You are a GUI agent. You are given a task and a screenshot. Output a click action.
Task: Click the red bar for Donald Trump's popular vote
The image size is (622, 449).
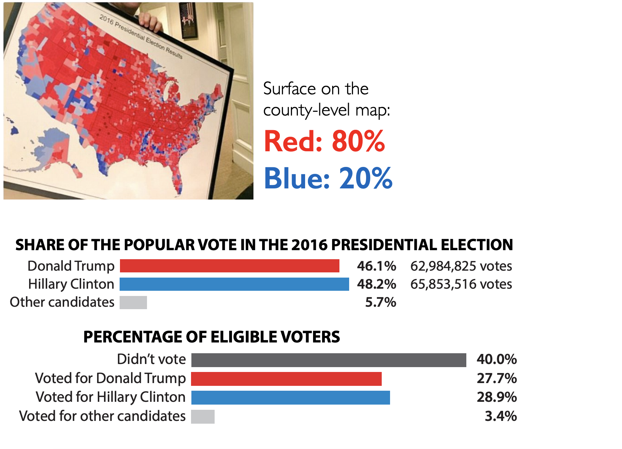pyautogui.click(x=230, y=266)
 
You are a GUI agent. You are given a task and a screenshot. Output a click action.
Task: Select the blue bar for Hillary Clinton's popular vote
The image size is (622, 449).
pyautogui.click(x=234, y=284)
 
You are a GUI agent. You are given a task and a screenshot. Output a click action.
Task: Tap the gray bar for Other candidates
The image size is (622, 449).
pyautogui.click(x=133, y=302)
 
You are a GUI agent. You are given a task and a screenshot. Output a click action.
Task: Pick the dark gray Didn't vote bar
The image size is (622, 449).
pyautogui.click(x=329, y=360)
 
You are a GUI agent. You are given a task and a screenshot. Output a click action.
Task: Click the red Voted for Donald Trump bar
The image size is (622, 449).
pyautogui.click(x=286, y=379)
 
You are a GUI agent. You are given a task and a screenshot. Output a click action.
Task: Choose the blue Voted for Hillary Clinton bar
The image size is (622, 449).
pyautogui.click(x=291, y=397)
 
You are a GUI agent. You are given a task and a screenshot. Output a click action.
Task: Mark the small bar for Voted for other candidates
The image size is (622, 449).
pyautogui.click(x=203, y=416)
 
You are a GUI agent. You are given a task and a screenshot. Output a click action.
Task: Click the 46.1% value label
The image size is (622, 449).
pyautogui.click(x=377, y=266)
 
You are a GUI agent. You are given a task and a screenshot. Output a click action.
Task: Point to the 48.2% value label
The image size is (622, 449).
pyautogui.click(x=377, y=284)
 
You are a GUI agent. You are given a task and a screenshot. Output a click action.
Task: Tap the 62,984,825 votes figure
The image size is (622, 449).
pyautogui.click(x=461, y=266)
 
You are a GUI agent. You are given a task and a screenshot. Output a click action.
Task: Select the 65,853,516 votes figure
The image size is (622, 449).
pyautogui.click(x=461, y=284)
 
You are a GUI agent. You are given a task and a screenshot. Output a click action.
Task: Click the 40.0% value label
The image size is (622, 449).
pyautogui.click(x=496, y=359)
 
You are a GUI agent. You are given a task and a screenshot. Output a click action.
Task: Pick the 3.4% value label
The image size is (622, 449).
pyautogui.click(x=501, y=416)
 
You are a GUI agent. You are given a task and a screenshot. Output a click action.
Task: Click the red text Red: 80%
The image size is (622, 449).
pyautogui.click(x=324, y=141)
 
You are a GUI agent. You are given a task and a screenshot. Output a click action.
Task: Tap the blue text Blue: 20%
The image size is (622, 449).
pyautogui.click(x=328, y=178)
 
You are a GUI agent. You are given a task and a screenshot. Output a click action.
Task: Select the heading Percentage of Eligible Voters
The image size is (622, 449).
pyautogui.click(x=211, y=337)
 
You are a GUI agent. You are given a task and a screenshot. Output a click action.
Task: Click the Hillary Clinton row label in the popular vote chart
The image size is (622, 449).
pyautogui.click(x=71, y=284)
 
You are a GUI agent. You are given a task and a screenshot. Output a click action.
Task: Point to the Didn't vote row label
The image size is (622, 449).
pyautogui.click(x=152, y=359)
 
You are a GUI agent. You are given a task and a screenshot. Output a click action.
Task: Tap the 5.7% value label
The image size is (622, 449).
pyautogui.click(x=381, y=302)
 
